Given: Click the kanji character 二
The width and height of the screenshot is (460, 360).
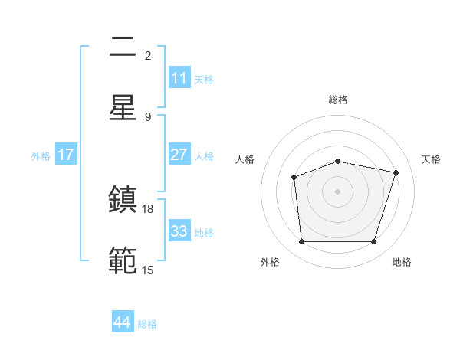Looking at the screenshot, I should click(x=123, y=48).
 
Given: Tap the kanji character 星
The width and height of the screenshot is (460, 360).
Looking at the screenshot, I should click(x=123, y=107).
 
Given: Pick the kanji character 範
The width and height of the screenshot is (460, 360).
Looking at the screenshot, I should click(x=123, y=260).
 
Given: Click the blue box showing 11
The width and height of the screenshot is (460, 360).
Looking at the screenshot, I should click(x=179, y=78).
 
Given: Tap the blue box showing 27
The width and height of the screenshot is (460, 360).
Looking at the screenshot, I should click(x=179, y=155).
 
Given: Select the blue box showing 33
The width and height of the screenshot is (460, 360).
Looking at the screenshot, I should click(x=179, y=231).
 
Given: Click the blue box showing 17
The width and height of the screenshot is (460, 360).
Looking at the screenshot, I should click(x=66, y=155).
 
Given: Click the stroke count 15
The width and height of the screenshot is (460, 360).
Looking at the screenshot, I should click(x=148, y=269).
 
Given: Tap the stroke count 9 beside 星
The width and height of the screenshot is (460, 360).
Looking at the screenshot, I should click(x=148, y=116).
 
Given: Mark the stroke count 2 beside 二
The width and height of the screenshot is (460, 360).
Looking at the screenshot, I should click(x=148, y=56).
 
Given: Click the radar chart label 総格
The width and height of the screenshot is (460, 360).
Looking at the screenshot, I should click(x=338, y=100).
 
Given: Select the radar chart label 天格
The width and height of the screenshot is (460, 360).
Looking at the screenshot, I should click(x=431, y=159).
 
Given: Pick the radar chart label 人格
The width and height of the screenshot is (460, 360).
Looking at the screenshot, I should click(x=245, y=159).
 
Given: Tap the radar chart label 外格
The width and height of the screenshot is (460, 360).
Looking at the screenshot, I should click(x=270, y=262).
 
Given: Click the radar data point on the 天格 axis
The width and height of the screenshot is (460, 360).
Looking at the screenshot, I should click(x=396, y=172).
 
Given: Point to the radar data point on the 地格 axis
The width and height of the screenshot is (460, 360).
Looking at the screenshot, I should click(x=373, y=242).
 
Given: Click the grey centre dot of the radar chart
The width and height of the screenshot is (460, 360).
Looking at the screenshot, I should click(x=337, y=191).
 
